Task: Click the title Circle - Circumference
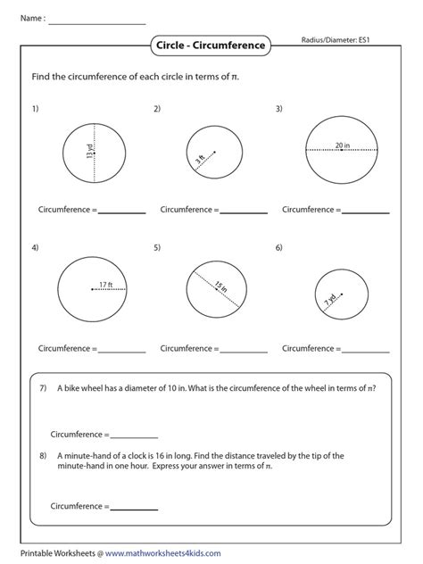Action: point(211,44)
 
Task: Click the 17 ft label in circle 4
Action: point(107,285)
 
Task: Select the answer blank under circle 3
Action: point(366,213)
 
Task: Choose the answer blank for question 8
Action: point(135,509)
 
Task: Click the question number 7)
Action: point(42,388)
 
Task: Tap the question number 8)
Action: point(42,455)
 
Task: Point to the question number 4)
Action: point(35,246)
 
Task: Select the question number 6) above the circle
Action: point(279,246)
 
